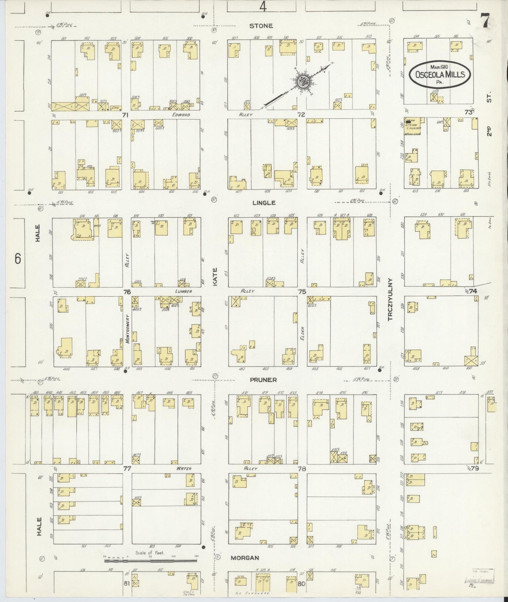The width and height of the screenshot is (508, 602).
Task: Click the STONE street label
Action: pos(261,26)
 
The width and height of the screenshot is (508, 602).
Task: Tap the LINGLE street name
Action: pos(264,203)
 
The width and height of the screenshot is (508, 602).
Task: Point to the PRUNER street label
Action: pos(263,380)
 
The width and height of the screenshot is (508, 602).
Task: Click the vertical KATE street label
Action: pos(215,276)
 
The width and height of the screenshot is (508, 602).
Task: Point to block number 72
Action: pos(301,114)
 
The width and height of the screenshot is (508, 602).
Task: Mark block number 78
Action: pos(302,469)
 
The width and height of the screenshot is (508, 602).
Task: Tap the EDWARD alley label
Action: pos(181,115)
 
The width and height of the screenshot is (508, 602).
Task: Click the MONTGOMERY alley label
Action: pos(128,329)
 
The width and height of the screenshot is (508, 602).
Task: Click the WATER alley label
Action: pos(184,469)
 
